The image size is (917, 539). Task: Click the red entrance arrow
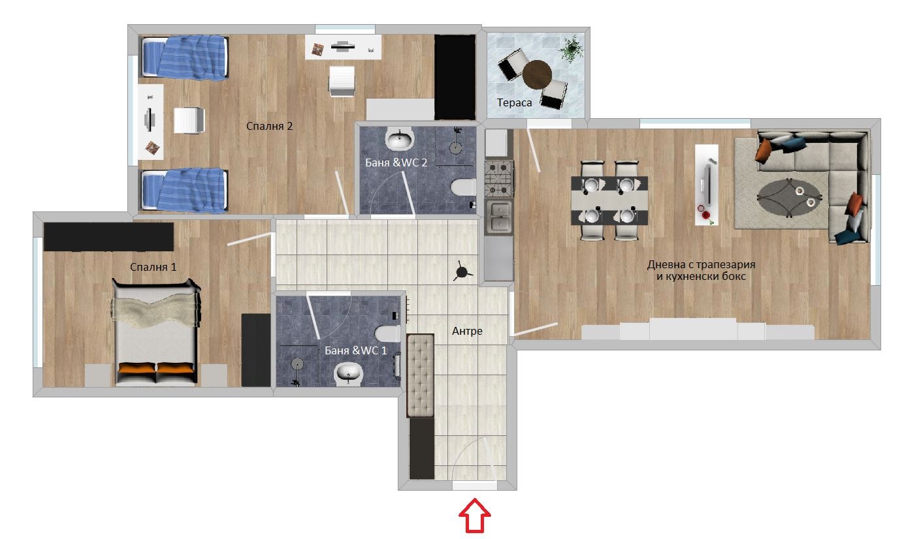(476, 516)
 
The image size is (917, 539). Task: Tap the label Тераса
(514, 103)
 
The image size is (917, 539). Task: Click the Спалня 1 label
(153, 266)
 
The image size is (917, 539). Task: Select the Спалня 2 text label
(269, 126)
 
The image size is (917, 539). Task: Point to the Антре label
(467, 331)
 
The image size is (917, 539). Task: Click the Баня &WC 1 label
(356, 350)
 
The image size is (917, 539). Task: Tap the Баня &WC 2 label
(396, 162)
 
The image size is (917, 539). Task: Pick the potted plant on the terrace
(571, 48)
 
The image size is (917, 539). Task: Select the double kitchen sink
(498, 217)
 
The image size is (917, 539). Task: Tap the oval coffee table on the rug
(789, 197)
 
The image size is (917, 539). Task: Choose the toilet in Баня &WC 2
(463, 188)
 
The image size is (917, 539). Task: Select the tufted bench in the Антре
(420, 375)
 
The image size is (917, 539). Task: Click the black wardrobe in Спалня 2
(455, 77)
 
